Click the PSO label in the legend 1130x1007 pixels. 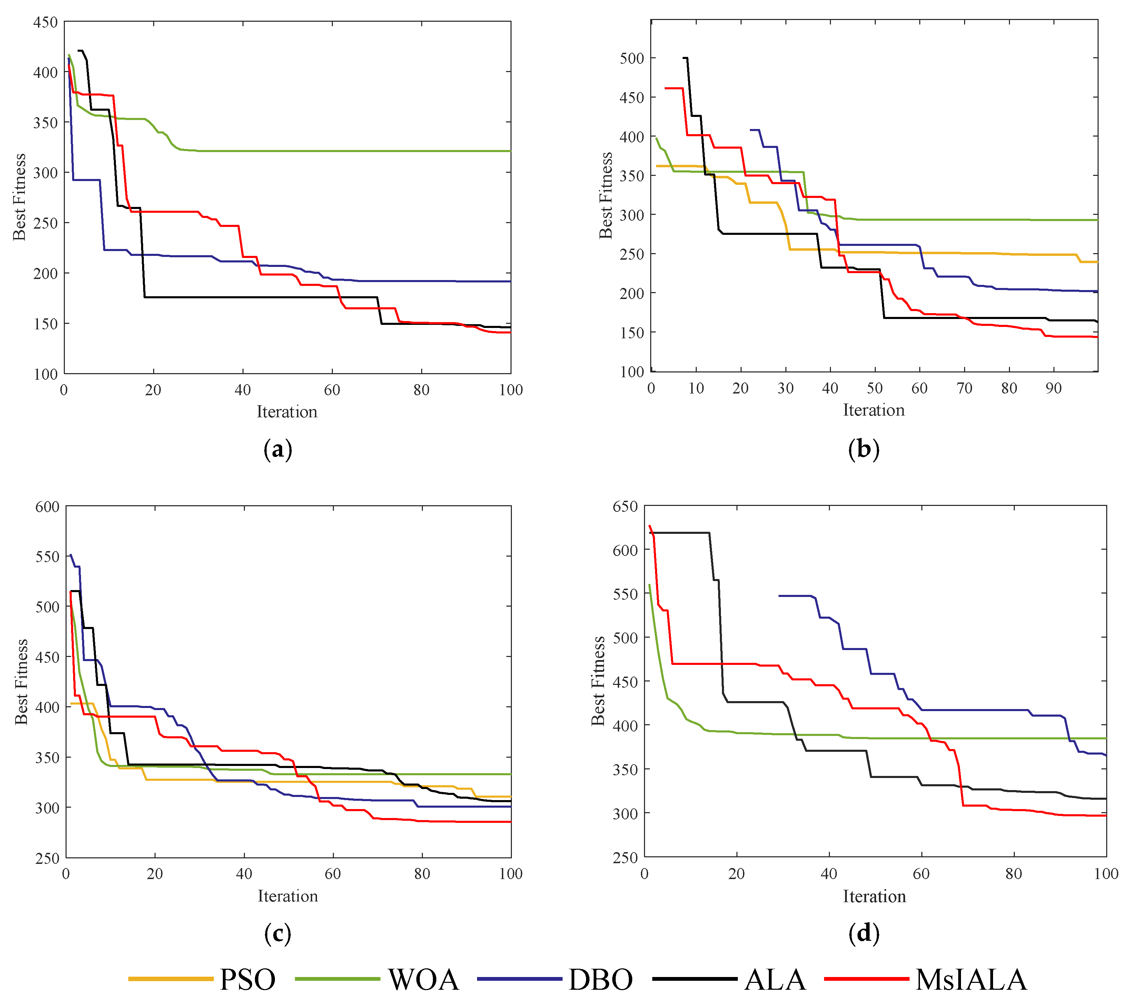(x=247, y=979)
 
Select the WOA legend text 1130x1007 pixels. (x=423, y=979)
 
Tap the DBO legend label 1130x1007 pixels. (x=601, y=979)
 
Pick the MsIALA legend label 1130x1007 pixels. (x=971, y=979)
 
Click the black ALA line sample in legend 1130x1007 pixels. (x=694, y=979)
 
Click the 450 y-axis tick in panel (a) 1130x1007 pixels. (x=46, y=22)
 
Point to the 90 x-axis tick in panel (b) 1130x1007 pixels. (x=1054, y=388)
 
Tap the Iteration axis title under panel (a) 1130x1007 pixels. (x=287, y=412)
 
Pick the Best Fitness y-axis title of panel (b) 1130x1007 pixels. (x=606, y=195)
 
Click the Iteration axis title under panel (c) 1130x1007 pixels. (x=288, y=896)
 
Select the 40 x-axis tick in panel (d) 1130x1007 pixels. (x=829, y=874)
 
